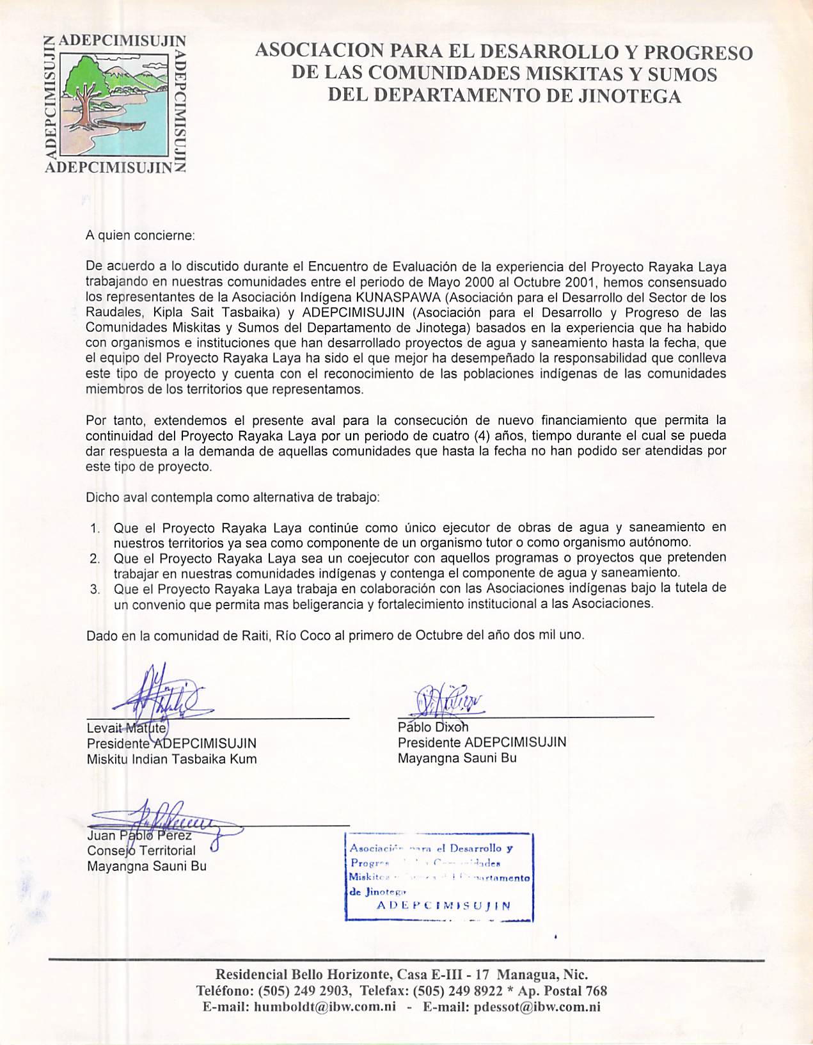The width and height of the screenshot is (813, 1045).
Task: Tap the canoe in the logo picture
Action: click(x=122, y=124)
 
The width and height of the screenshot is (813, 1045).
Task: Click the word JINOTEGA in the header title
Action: click(x=629, y=96)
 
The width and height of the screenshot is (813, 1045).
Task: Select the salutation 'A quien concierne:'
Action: click(x=140, y=235)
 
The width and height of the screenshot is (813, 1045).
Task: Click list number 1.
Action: click(x=95, y=529)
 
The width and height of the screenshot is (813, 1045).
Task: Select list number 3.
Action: click(x=95, y=589)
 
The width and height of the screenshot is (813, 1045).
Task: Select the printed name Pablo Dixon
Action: click(x=432, y=728)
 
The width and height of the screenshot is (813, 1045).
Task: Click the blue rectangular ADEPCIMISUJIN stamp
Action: click(x=439, y=877)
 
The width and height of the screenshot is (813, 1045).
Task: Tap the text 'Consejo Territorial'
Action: click(x=141, y=851)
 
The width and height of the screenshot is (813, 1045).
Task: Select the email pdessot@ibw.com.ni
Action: click(x=537, y=1007)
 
